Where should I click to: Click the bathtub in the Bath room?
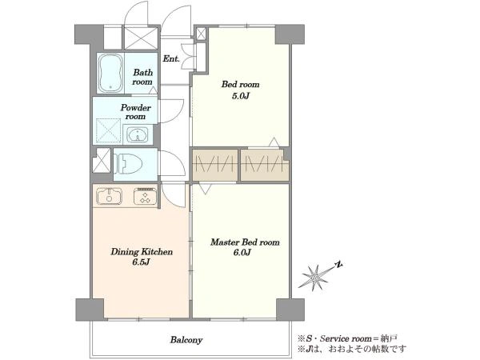pos(110,73)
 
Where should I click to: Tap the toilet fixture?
pos(128,164)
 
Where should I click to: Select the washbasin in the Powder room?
pos(138,134)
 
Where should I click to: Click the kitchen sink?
pos(110,196)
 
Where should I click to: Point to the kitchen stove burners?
pos(146,196)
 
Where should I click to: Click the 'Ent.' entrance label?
pos(171,58)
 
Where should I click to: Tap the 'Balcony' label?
pos(186,340)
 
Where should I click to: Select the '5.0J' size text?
pos(241,96)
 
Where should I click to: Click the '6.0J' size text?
pos(243,253)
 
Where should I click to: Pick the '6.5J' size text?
pos(141,262)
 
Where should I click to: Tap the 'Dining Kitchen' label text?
pos(142,252)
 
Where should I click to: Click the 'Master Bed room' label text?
pos(245,242)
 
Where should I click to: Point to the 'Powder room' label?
pos(136,112)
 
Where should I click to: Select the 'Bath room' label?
pos(142,77)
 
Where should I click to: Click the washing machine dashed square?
pos(108,130)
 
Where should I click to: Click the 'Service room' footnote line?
pos(347,338)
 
